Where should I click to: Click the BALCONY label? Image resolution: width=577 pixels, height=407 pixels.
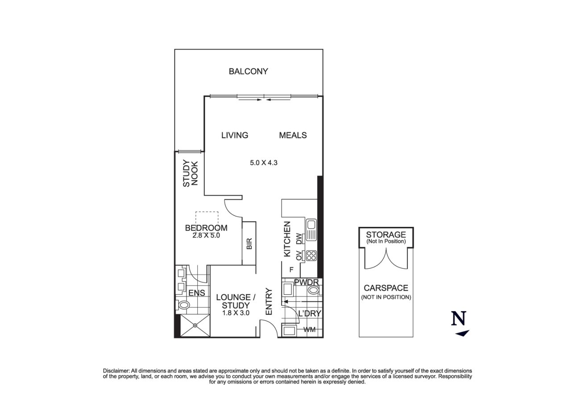[x=248, y=71]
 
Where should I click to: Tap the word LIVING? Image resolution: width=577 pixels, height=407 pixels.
[x=235, y=135]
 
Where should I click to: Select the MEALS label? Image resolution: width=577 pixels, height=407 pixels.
[x=293, y=135]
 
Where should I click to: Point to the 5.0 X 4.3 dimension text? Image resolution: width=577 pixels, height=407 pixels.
[x=264, y=163]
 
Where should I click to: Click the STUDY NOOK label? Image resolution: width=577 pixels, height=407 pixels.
[x=191, y=173]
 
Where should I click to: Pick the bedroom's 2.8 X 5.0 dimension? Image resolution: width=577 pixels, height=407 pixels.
[x=206, y=235]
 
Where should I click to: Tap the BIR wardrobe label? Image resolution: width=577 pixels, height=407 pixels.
[x=249, y=243]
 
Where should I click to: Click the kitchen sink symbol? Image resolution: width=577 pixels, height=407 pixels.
[x=311, y=230]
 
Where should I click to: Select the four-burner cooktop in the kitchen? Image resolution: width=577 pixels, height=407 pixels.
[x=311, y=256]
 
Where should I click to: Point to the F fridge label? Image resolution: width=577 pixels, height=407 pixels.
[x=291, y=270]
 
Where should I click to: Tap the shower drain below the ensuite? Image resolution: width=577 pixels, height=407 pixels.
[x=195, y=325]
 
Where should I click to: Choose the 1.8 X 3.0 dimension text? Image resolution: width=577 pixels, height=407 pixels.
[x=236, y=313]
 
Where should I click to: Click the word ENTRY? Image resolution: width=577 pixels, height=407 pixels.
[x=269, y=301]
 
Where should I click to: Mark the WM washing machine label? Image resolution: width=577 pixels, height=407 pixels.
[x=309, y=329]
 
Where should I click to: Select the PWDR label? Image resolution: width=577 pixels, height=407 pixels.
[x=306, y=282]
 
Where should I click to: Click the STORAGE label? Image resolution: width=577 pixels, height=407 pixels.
[x=386, y=234]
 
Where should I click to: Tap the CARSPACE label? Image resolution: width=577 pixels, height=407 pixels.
[x=386, y=288]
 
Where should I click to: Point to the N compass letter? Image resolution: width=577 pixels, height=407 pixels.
[x=459, y=318]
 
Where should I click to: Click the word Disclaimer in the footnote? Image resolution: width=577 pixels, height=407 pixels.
[x=116, y=371]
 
